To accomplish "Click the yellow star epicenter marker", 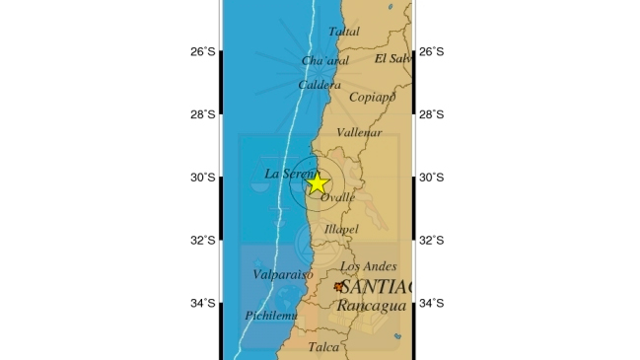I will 317,182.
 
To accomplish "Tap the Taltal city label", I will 344,32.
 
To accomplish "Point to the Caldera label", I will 320,85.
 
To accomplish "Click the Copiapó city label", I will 372,97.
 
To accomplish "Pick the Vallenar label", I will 359,132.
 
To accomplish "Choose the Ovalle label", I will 338,197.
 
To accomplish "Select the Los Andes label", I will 368,266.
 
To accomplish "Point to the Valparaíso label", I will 282,274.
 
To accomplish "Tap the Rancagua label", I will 370,307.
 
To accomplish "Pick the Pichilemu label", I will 270,316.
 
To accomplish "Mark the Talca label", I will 323,347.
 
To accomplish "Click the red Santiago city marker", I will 339,287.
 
